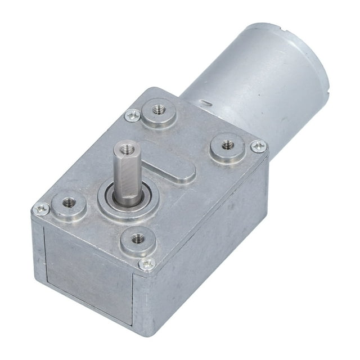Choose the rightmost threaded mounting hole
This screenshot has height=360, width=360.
click(227, 145)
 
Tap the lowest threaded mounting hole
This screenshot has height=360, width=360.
click(137, 238)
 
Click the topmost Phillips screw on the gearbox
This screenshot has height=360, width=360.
click(132, 115)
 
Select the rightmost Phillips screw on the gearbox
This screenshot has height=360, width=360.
click(258, 146)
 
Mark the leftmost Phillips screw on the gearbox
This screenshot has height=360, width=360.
click(41, 209)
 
